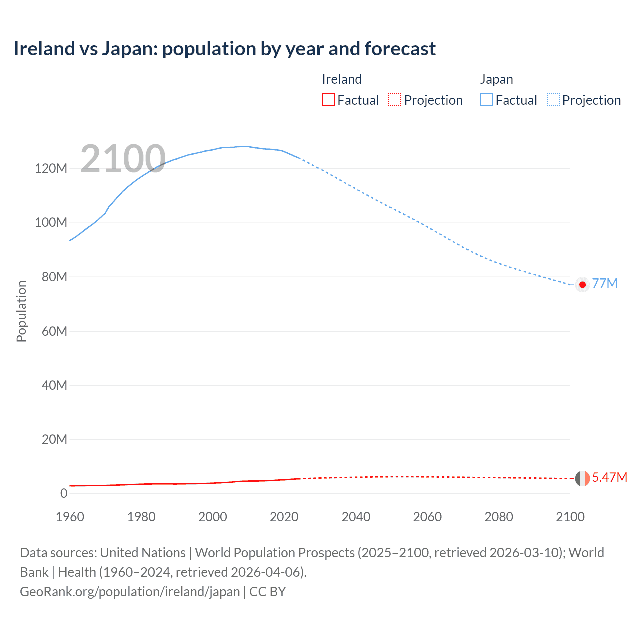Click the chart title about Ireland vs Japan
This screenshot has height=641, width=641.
point(224,49)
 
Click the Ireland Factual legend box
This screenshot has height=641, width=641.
point(328,100)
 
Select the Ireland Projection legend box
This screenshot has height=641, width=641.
point(395,100)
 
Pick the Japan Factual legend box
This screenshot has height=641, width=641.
point(486,100)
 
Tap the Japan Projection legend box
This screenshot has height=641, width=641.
point(553,100)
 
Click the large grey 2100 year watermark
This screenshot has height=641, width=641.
point(123,159)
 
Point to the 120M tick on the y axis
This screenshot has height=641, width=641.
point(51,168)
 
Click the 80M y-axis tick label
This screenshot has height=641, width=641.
point(54,277)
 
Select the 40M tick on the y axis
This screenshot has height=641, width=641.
point(54,385)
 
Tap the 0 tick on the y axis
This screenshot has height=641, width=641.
point(63,493)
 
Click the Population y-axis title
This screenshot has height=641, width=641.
point(21,311)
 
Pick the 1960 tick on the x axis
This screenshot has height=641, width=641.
point(70,517)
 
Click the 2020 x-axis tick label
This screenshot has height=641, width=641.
point(284,517)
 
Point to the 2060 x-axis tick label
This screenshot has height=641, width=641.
point(427,517)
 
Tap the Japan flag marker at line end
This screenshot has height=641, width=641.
point(582,285)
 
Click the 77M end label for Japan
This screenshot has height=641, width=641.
point(605,283)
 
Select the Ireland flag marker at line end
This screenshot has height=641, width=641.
point(582,478)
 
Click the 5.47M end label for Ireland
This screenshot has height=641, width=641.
point(609,477)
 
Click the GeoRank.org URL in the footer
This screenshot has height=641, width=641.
point(130,592)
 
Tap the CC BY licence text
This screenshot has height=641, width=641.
point(267,592)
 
